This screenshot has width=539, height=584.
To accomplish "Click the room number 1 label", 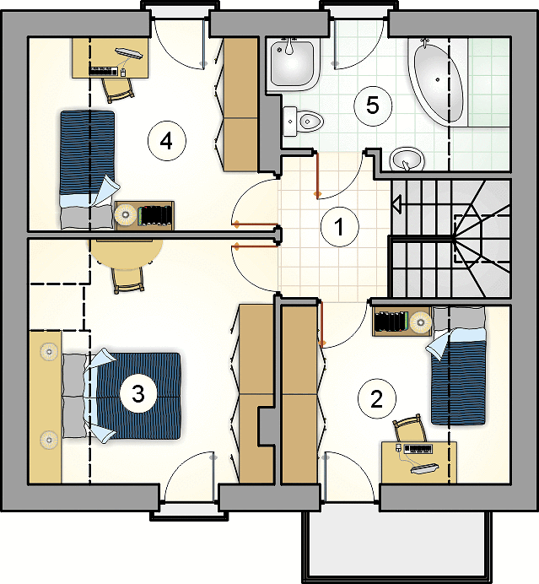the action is [x=339, y=227].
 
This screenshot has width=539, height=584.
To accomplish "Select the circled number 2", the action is [x=377, y=398].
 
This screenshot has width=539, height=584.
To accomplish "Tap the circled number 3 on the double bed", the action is [x=138, y=393].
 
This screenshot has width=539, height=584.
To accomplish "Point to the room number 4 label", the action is [x=166, y=141].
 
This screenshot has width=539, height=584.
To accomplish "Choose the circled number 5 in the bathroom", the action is [x=373, y=105].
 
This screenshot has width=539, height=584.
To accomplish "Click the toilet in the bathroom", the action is [x=303, y=121].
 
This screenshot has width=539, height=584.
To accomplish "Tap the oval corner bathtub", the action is [x=438, y=82].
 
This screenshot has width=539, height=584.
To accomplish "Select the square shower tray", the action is [x=292, y=64].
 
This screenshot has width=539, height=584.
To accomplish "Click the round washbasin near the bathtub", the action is [x=407, y=159].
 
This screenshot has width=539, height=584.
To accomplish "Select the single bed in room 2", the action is [x=458, y=365].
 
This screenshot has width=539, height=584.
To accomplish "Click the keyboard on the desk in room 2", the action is [x=418, y=449].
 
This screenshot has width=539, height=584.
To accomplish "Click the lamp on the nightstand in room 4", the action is [x=126, y=214].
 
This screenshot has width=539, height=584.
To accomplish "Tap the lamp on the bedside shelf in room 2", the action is [x=421, y=321].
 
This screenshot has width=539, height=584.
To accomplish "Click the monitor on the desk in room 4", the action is [x=129, y=53].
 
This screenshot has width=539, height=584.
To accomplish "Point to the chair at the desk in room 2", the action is [x=410, y=429].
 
